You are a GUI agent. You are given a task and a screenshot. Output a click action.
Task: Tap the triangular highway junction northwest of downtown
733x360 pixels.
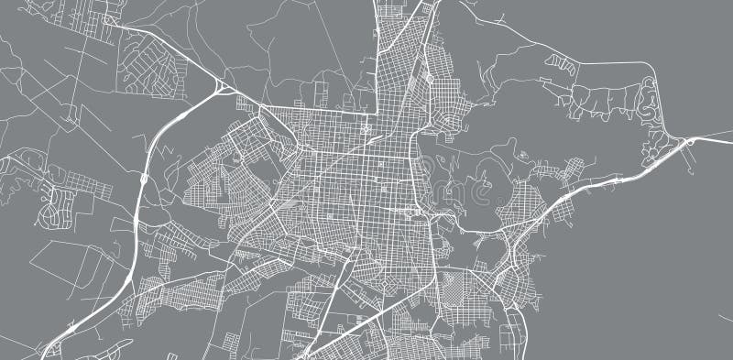[223, 88]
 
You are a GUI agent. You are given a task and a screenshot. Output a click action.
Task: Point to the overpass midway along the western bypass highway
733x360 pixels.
[144, 179]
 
